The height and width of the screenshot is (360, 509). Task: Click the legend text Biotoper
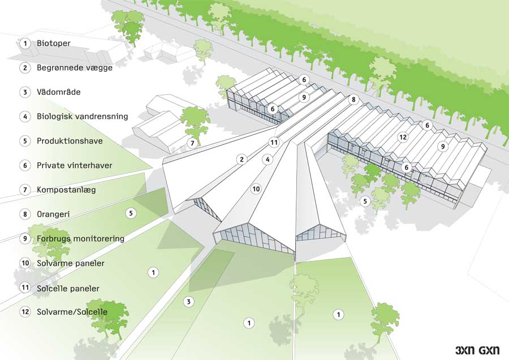54,43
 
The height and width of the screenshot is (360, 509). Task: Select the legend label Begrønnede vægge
75,68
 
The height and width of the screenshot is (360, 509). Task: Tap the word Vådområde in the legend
58,92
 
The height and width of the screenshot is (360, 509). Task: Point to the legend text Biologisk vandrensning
83,116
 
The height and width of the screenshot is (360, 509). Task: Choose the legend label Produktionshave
70,141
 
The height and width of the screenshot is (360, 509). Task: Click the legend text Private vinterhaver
74,166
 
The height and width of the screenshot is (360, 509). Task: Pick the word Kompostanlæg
66,190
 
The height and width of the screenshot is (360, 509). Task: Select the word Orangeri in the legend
53,214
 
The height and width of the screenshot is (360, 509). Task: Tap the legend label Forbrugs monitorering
80,238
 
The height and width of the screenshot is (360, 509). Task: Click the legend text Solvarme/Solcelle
72,312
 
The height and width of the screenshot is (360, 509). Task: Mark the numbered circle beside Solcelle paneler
25,287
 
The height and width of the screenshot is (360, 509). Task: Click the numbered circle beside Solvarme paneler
25,263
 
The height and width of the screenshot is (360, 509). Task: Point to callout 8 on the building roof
353,99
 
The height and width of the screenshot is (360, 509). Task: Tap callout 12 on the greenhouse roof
403,137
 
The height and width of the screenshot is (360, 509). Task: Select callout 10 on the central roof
256,189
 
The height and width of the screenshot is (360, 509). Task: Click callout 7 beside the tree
192,143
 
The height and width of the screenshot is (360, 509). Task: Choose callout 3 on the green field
188,302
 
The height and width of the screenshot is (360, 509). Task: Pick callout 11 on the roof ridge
274,142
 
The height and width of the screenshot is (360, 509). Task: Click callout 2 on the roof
241,159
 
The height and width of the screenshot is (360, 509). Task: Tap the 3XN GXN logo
477,350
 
